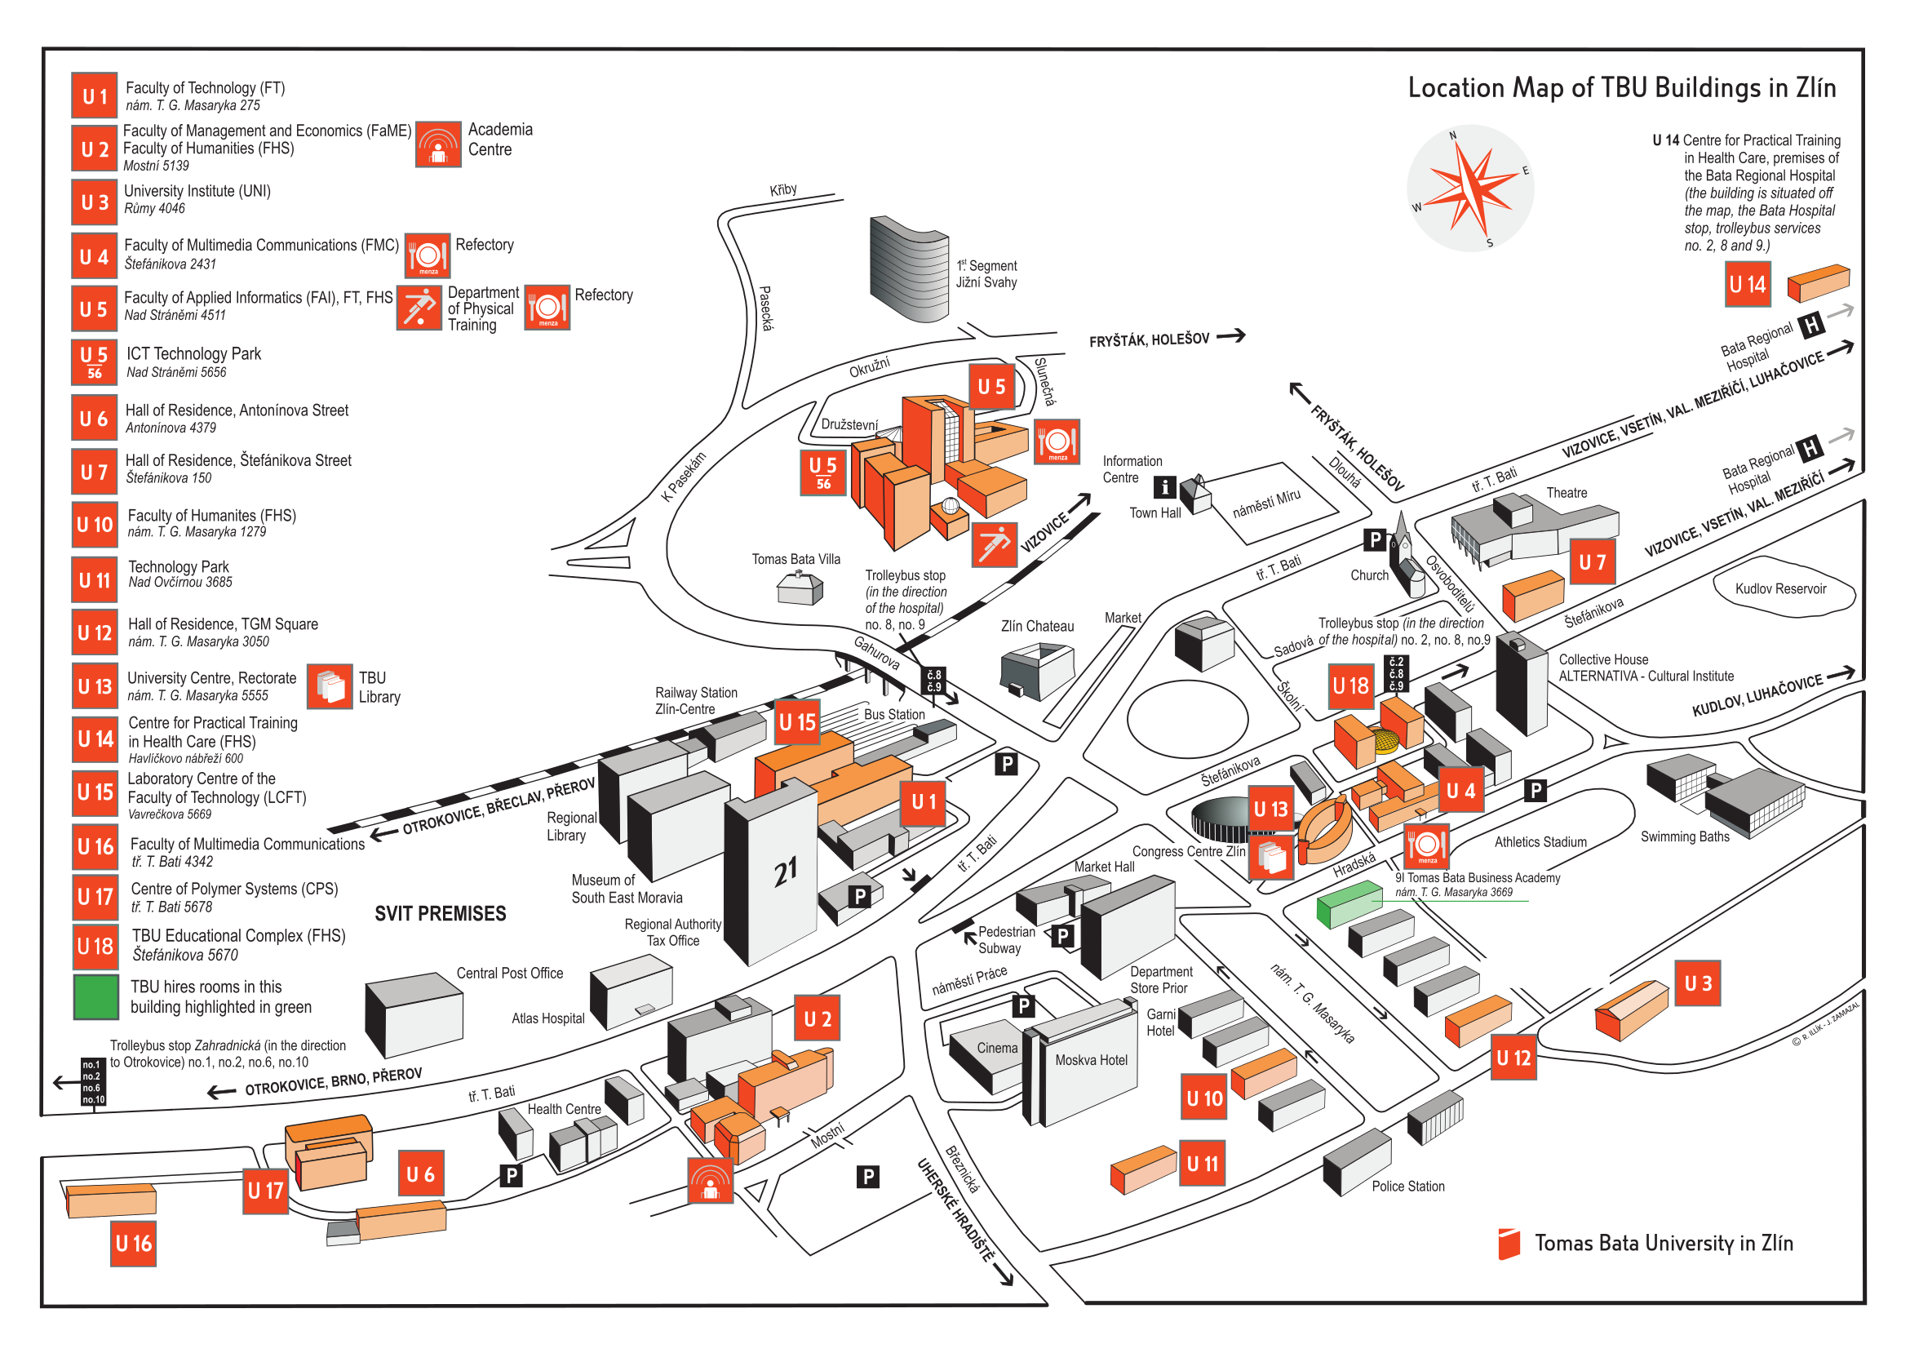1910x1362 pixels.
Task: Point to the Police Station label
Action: tap(1407, 1186)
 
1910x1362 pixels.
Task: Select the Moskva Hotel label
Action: tap(1091, 1060)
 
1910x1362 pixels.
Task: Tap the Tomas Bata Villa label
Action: tap(795, 559)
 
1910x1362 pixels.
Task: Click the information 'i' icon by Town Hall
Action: tap(1163, 486)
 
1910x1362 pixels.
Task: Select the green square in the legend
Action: tap(95, 996)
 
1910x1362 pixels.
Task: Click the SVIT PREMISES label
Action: tap(441, 913)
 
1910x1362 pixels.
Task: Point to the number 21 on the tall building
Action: tap(785, 872)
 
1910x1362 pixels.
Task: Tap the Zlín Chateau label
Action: tap(1036, 627)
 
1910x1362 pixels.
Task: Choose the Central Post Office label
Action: tap(509, 973)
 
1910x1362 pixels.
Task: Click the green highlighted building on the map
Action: tap(1348, 903)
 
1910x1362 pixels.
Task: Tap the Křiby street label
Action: tap(783, 190)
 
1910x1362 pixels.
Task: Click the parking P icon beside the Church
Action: tap(1374, 540)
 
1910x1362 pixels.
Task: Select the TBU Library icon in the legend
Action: tap(330, 686)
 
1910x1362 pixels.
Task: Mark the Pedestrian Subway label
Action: tap(1005, 940)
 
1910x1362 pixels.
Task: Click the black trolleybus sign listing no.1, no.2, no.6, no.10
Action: tap(92, 1082)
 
